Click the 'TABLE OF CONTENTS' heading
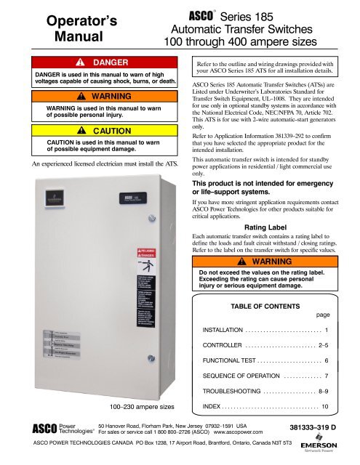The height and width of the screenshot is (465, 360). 271,287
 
